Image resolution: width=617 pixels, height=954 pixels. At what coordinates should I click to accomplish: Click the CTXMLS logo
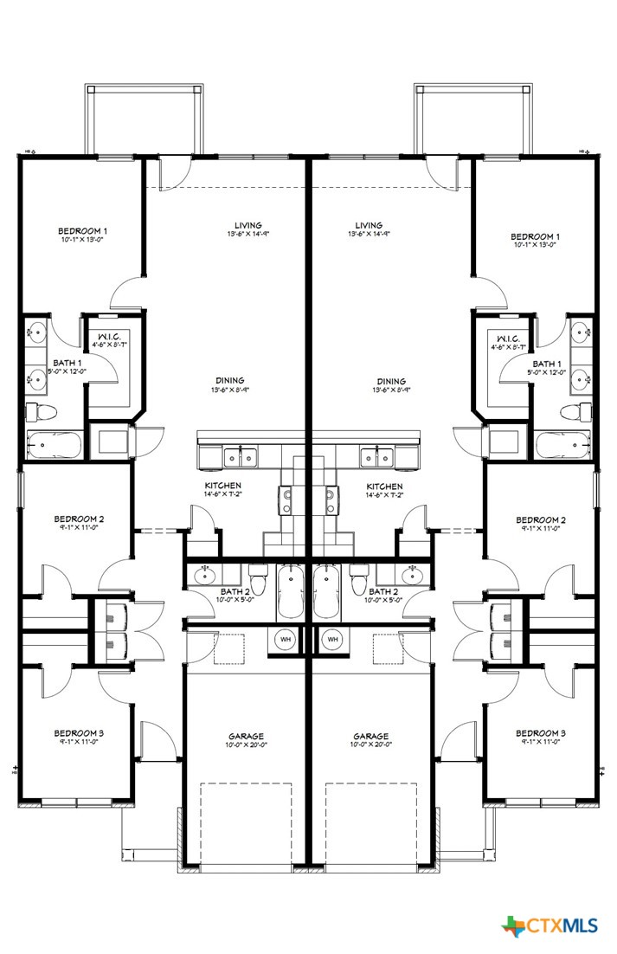550,925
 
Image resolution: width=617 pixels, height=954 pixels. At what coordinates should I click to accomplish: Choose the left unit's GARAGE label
247,736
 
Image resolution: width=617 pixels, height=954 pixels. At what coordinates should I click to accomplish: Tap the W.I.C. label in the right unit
503,338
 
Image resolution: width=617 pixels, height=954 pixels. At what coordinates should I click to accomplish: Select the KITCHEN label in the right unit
384,486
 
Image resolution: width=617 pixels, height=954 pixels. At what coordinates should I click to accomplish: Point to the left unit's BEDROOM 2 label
78,519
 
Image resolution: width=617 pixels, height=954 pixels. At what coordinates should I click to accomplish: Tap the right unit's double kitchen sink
376,455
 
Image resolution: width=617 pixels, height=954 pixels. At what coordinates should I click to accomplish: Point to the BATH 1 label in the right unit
547,364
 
